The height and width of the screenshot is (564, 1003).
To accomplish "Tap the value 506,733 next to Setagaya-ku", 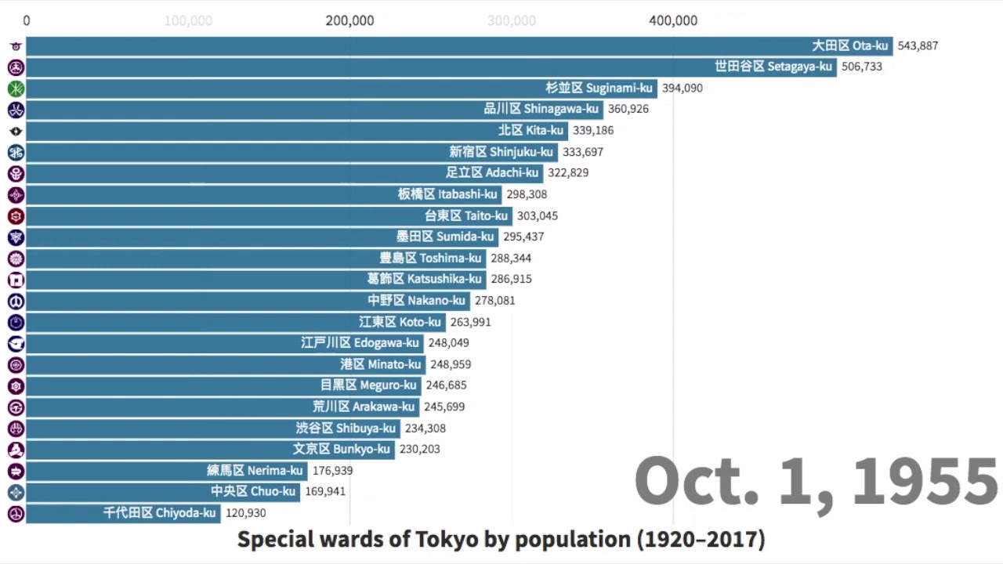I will point(861,67).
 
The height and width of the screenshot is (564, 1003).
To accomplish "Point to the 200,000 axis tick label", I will point(349,20).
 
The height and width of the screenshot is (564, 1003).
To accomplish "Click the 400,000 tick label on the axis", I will point(673,20).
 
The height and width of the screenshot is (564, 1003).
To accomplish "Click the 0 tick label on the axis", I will point(27,20).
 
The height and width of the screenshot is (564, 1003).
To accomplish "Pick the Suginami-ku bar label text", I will point(599,88).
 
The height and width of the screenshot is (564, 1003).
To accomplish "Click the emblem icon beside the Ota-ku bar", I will point(16,46).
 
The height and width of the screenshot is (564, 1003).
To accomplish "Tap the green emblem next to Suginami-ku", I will point(16,89).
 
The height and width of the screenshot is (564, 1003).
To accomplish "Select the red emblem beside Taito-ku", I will point(16,215).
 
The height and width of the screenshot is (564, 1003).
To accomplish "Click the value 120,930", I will point(245,513).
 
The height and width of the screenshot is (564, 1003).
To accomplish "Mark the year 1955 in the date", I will point(925,481).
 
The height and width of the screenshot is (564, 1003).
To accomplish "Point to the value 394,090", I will point(682,88).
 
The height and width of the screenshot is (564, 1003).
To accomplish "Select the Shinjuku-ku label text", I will point(501,152).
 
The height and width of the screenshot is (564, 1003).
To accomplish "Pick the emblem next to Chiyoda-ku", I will point(16,514).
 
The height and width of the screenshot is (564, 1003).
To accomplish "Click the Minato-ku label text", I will point(380,364).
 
